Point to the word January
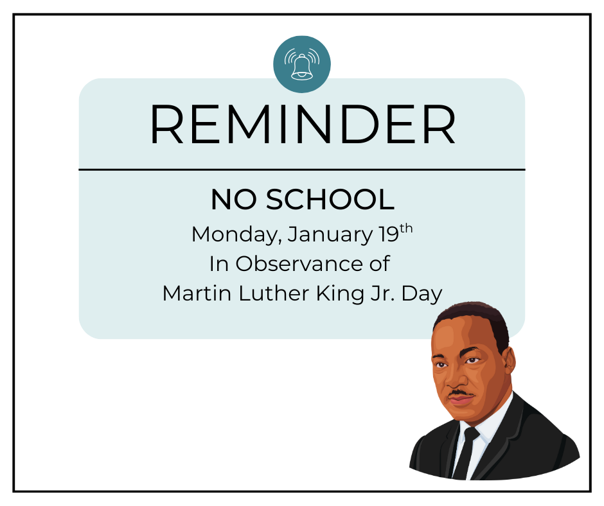(x=329, y=234)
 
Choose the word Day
(x=422, y=293)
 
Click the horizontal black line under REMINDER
(x=302, y=170)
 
